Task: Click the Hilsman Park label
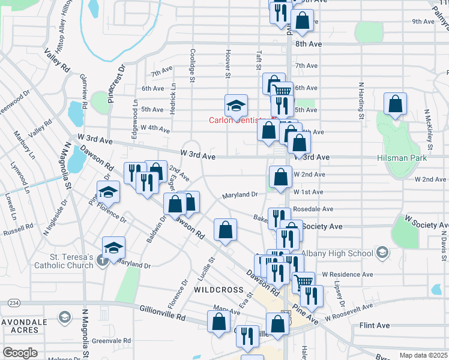tap(419, 158)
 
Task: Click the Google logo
tap(20, 352)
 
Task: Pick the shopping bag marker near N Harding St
tap(396, 104)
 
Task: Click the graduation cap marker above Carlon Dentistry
tap(237, 106)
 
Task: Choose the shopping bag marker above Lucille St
tap(225, 230)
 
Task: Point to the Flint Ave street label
tap(374, 325)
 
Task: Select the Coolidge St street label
tap(193, 65)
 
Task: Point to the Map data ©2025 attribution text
tap(424, 355)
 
